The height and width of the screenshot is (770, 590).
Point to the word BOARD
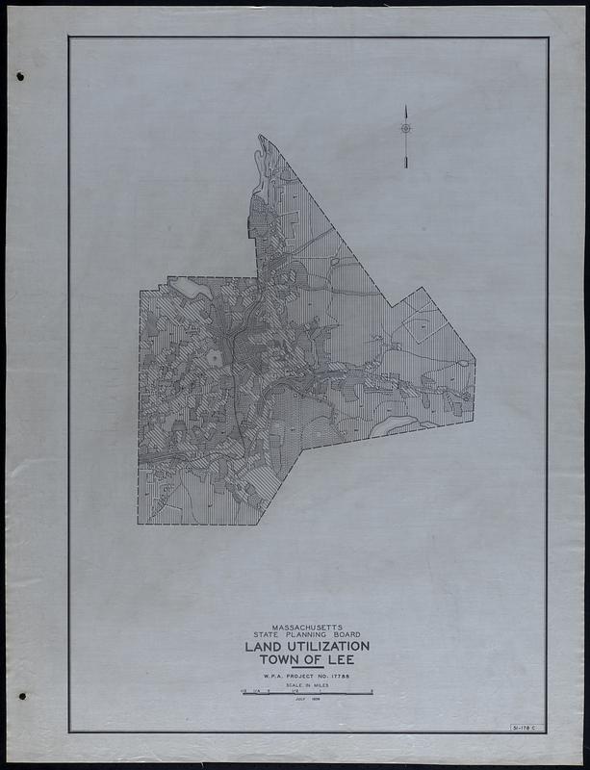tap(344, 635)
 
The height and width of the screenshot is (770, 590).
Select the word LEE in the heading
tap(337, 660)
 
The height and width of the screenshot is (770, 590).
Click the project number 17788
tap(337, 678)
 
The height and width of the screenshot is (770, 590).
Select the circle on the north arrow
tap(405, 128)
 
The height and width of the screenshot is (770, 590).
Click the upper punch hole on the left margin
tap(20, 77)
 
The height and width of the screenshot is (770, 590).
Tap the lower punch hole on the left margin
tap(21, 696)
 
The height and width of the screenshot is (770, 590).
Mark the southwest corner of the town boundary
tap(139, 524)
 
